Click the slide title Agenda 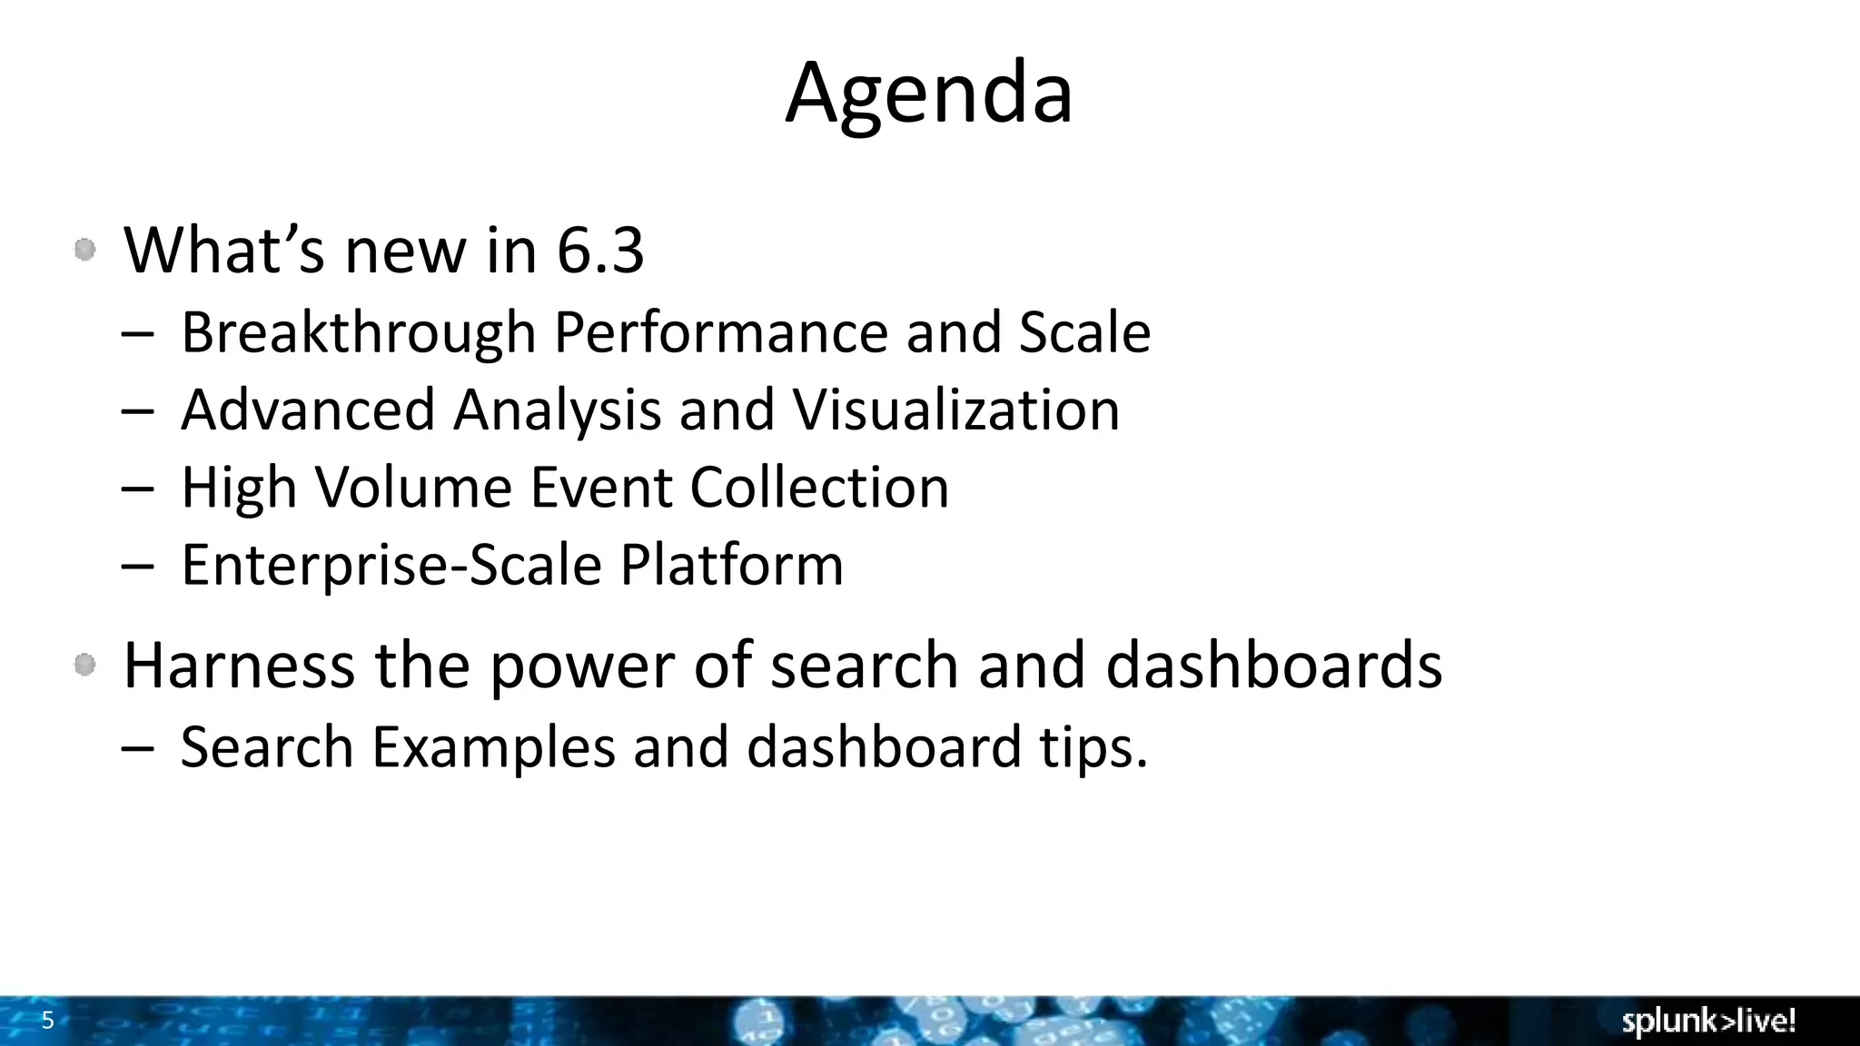[929, 94]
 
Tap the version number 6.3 [600, 251]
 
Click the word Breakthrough [359, 332]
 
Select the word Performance [720, 332]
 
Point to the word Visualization [956, 410]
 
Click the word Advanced [308, 410]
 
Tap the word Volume [413, 488]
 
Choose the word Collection [819, 488]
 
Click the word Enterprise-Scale [391, 565]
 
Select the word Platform [732, 565]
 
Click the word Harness [239, 665]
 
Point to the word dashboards [1273, 665]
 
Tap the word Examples [493, 747]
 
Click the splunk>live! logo [1708, 1021]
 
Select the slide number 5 [48, 1021]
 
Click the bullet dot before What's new [85, 250]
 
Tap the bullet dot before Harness [85, 666]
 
